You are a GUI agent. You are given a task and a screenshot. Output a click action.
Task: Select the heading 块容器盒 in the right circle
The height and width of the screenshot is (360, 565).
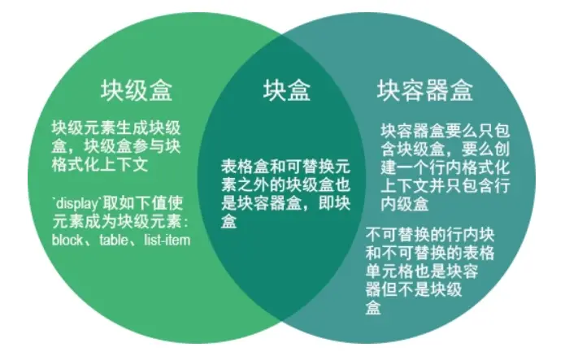click(x=425, y=89)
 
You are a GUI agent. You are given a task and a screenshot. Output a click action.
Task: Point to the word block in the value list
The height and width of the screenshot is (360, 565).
click(x=68, y=239)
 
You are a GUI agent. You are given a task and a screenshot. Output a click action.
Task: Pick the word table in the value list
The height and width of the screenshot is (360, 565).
click(x=115, y=239)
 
